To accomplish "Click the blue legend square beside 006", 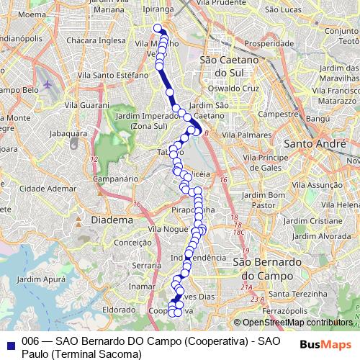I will click(x=10, y=345).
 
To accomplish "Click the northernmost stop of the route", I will click(x=158, y=29).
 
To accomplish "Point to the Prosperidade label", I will click(x=264, y=44).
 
